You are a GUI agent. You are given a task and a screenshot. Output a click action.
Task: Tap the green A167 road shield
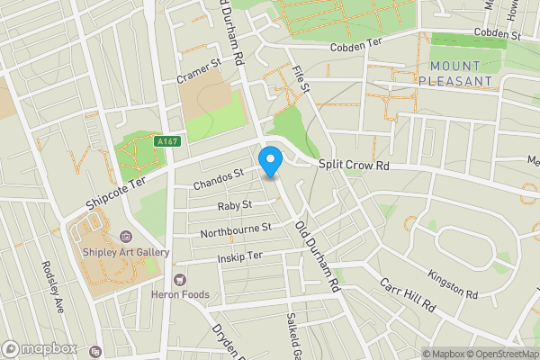(x=166, y=140)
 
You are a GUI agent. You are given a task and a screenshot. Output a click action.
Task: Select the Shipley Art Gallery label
(x=126, y=253)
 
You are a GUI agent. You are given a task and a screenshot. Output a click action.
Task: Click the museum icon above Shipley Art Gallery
(x=125, y=236)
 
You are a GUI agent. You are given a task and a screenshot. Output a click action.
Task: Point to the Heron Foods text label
(x=181, y=294)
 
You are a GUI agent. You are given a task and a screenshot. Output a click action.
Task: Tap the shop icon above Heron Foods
(x=181, y=279)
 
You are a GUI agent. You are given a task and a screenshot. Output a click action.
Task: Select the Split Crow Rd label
(x=356, y=166)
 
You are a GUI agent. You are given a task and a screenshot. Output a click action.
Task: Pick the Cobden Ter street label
(x=356, y=47)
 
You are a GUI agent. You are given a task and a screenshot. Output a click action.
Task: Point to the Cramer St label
(x=198, y=67)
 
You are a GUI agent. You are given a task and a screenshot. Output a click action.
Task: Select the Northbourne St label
(x=235, y=229)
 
